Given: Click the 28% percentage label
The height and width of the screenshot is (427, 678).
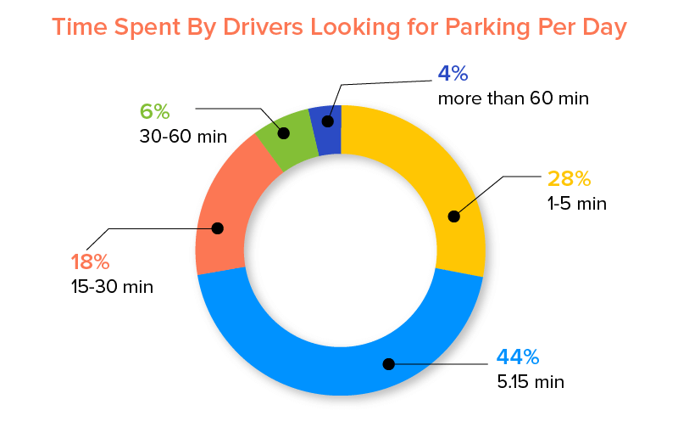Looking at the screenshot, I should click(x=567, y=179).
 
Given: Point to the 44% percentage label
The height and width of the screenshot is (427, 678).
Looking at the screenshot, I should click(x=514, y=357).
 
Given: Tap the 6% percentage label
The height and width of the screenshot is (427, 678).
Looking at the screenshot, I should click(x=155, y=111).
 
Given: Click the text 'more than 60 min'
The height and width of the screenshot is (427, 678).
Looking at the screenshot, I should click(x=513, y=98).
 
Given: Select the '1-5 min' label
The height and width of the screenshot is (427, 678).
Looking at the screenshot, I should click(x=576, y=204).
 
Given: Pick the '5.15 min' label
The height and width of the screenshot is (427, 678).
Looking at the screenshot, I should click(x=530, y=381).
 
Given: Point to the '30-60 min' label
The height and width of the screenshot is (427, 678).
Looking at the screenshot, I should click(x=183, y=136).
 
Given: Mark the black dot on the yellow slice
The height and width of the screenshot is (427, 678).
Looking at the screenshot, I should click(x=453, y=216).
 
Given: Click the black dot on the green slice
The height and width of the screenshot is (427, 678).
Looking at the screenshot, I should click(x=284, y=133).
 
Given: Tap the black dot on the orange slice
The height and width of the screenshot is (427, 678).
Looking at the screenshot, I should click(x=217, y=228).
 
